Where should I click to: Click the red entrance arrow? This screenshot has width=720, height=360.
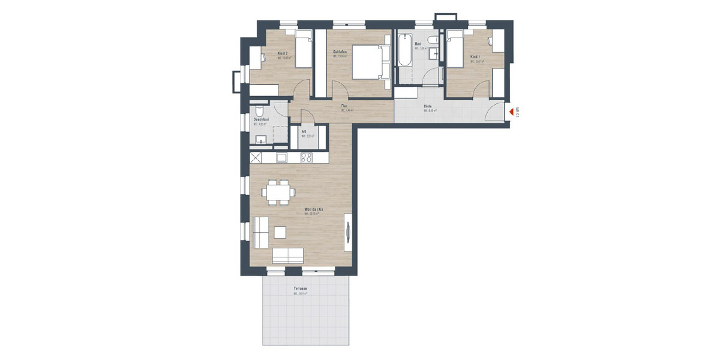pyautogui.click(x=511, y=111)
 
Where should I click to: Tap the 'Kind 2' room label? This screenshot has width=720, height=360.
pyautogui.click(x=283, y=53)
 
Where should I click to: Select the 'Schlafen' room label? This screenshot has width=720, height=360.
pyautogui.click(x=341, y=52)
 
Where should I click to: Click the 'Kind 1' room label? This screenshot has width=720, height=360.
pyautogui.click(x=475, y=57)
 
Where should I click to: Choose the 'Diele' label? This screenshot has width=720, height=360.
pyautogui.click(x=428, y=106)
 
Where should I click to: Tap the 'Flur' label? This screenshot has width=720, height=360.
pyautogui.click(x=345, y=106)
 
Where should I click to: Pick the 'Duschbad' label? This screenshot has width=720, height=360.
pyautogui.click(x=260, y=120)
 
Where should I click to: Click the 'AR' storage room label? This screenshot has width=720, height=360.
pyautogui.click(x=305, y=131)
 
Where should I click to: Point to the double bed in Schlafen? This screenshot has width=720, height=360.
pyautogui.click(x=368, y=62)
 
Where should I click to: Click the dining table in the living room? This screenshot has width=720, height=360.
pyautogui.click(x=278, y=193)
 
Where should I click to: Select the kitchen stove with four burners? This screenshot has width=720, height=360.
pyautogui.click(x=306, y=158)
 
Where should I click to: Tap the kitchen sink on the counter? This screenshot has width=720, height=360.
pyautogui.click(x=281, y=158)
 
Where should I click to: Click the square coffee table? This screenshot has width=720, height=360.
pyautogui.click(x=281, y=231)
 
